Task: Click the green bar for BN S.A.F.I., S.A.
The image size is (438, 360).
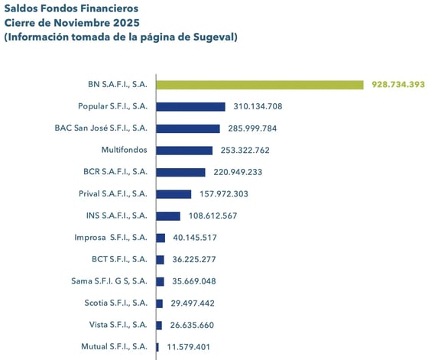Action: click(x=260, y=84)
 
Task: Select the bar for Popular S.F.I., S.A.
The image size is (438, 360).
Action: click(x=190, y=106)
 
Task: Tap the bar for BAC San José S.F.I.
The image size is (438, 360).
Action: click(x=188, y=128)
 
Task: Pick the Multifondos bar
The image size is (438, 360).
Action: click(x=184, y=151)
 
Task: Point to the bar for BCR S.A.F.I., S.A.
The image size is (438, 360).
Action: click(x=180, y=172)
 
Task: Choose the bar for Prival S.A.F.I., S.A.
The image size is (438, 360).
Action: click(x=174, y=194)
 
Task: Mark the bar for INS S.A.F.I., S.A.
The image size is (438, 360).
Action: click(x=168, y=216)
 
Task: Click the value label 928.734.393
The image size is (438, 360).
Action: click(x=397, y=84)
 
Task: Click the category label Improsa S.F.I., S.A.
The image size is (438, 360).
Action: click(x=111, y=238)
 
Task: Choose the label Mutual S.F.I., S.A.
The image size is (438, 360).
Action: click(x=114, y=347)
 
